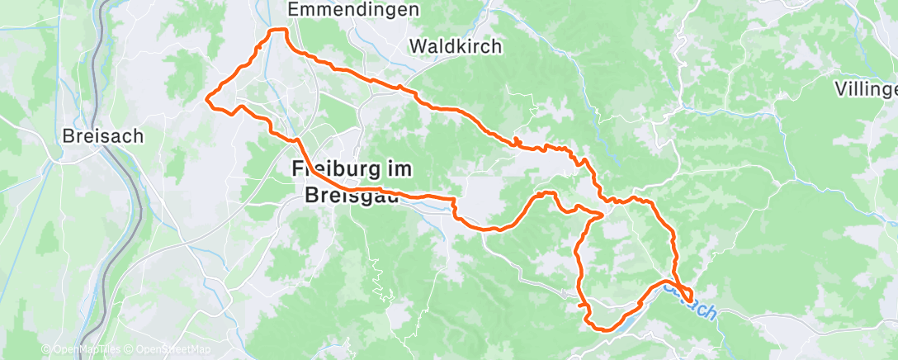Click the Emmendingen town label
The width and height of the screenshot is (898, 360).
[x=352, y=10]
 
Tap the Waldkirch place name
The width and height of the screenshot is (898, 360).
[x=456, y=46]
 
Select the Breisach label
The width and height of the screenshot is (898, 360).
[x=103, y=135]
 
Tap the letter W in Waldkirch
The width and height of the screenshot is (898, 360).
[x=418, y=46]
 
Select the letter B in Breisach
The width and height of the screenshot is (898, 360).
[x=69, y=135]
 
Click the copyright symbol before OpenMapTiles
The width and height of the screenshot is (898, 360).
[x=46, y=350]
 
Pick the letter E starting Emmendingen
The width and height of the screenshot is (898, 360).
[x=292, y=10]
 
